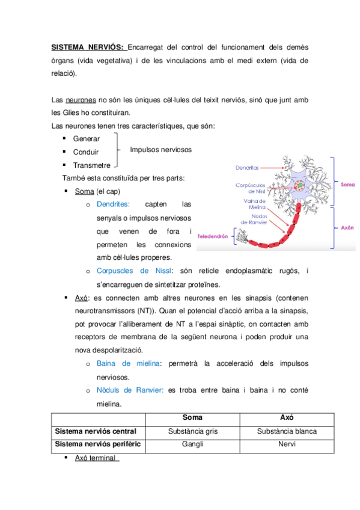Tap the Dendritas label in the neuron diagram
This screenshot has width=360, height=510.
pos(247,169)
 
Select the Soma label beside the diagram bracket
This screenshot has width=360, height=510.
pos(347,185)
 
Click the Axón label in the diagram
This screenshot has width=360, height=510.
pos(347,229)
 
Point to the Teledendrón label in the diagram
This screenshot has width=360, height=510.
pos(212,236)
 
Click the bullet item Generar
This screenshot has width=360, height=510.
pos(86,139)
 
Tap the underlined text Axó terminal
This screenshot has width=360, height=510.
pos(95,458)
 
